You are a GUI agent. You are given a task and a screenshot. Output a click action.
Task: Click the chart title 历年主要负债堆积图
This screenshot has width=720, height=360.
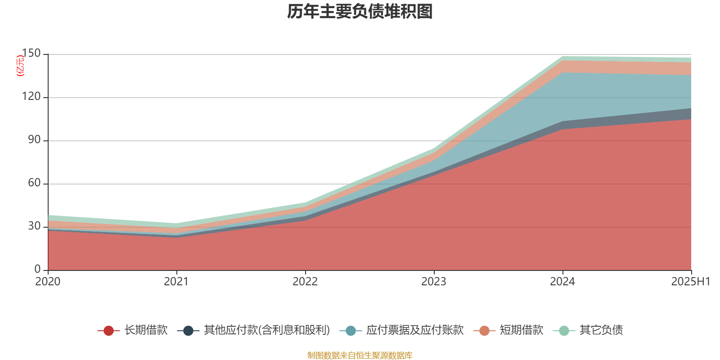tap(360, 12)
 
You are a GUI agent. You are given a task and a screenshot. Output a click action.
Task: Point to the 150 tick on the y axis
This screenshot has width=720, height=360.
tap(31, 54)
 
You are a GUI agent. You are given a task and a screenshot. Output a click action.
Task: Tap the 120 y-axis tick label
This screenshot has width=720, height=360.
tap(31, 97)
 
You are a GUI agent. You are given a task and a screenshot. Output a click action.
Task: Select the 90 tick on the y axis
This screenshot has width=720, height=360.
tap(34, 140)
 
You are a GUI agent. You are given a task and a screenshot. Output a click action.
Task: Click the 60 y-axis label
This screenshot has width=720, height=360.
tap(34, 183)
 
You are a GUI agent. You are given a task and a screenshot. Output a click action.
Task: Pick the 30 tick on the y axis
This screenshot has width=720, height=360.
tap(34, 226)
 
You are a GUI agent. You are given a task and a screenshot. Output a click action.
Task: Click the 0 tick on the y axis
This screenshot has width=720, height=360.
tap(38, 270)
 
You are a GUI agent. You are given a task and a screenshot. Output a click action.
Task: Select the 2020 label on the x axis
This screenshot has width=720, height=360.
tap(48, 282)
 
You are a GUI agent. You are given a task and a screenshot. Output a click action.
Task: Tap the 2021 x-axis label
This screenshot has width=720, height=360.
tap(176, 282)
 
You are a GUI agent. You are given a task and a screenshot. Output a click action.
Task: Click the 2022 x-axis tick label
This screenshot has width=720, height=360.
tap(305, 282)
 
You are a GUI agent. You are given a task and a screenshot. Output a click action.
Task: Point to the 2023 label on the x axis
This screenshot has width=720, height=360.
tap(434, 282)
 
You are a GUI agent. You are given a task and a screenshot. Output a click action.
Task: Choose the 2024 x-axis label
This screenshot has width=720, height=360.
tap(562, 282)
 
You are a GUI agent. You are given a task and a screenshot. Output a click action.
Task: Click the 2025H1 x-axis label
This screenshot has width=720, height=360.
tap(690, 282)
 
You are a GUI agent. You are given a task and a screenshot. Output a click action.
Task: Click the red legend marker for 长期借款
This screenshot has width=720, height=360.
tap(108, 331)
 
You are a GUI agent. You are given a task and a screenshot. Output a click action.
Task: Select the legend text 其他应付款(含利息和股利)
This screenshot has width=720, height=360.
tap(267, 330)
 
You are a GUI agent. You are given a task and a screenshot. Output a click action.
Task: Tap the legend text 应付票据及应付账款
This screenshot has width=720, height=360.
tap(414, 330)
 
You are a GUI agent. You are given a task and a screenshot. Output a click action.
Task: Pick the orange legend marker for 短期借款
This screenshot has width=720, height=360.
tap(484, 331)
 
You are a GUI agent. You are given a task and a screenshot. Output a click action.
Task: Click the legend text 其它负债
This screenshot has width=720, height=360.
tap(601, 330)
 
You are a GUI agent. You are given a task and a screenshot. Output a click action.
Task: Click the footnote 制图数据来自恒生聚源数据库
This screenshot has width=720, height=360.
tap(360, 355)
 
